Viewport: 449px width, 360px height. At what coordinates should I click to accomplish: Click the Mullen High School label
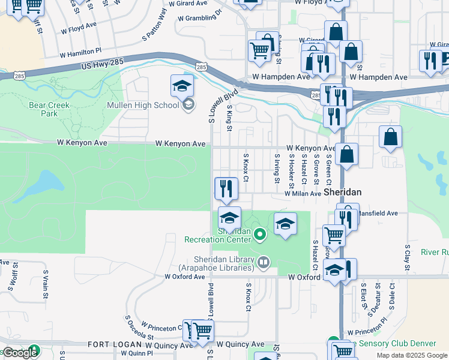tap(143, 106)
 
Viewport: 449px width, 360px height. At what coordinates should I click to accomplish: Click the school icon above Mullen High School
tap(182, 88)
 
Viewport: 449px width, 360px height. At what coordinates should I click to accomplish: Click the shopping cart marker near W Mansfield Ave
tap(334, 235)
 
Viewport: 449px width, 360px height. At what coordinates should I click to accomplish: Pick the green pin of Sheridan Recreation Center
tap(260, 234)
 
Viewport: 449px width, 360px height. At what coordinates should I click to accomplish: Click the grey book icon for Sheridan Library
tap(263, 262)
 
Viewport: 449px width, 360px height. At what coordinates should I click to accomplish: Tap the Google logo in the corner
tap(19, 353)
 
